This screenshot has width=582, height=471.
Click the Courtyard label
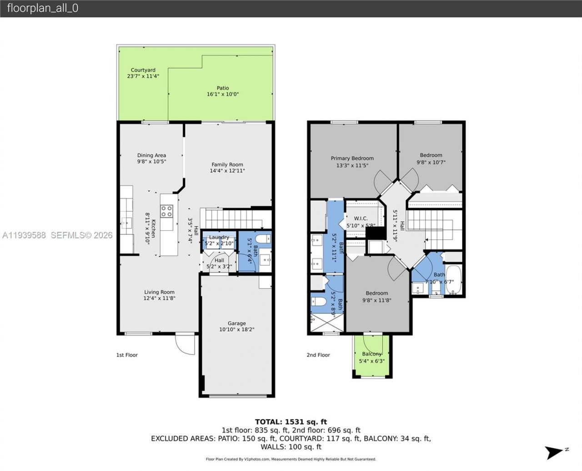coord(143,70)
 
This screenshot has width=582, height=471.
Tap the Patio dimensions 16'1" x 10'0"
coord(222,94)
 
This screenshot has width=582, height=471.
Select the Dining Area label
coord(151,155)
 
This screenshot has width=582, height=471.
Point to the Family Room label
coord(227,165)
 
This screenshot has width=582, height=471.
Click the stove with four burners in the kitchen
coord(166,211)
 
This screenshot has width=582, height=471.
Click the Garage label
coord(236,323)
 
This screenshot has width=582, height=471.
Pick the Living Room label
coord(159,292)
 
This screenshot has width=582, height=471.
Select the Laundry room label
coord(219,237)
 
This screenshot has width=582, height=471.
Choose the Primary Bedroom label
coord(352,158)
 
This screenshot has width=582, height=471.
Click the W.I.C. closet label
coord(361,218)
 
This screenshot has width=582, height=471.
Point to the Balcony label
coord(371,354)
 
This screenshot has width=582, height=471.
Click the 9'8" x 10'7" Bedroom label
coord(431,155)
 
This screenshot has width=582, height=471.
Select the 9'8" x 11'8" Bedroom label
coord(376,293)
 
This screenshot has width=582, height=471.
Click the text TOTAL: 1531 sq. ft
coord(291,422)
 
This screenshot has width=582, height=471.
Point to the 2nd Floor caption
coord(318,355)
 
